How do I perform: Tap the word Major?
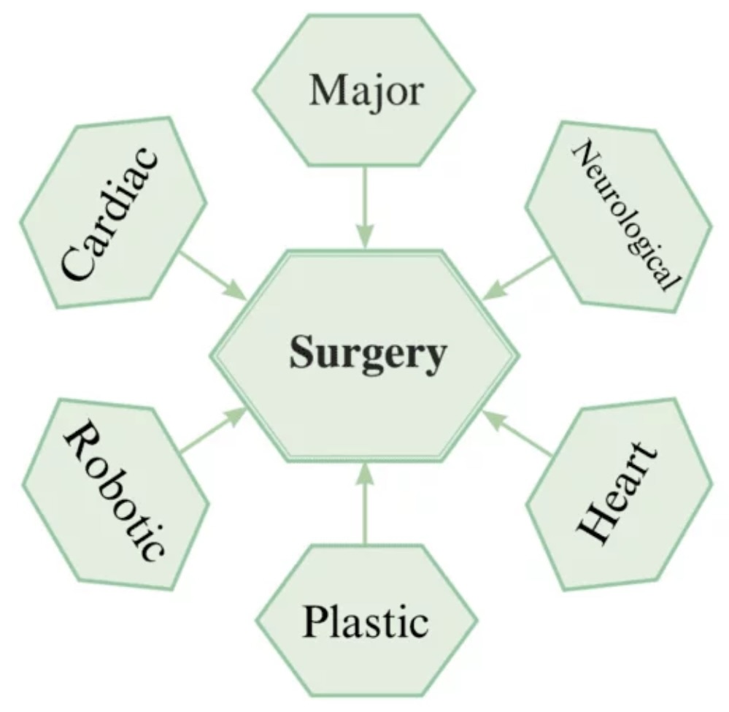[366, 92]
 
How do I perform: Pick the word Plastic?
[365, 621]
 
